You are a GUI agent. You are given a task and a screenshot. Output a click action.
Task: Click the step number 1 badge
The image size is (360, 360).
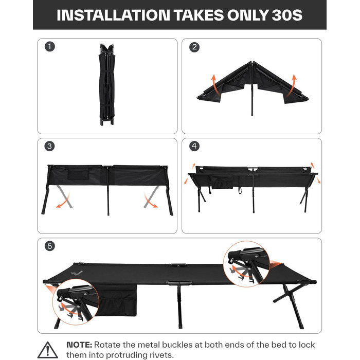coord(49,47)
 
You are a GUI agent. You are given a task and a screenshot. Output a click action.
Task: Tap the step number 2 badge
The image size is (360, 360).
coord(194,47)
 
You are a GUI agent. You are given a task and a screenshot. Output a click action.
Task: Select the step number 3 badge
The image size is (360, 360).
coord(49,146)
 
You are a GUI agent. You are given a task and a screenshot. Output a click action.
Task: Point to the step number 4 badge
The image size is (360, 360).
coord(194,146)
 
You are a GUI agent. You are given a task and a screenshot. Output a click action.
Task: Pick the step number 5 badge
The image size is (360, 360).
coord(49,246)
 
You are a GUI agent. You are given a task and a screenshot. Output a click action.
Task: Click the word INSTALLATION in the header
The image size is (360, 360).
coord(114,15)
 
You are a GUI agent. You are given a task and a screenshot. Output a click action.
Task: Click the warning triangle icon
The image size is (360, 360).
coord(47,350)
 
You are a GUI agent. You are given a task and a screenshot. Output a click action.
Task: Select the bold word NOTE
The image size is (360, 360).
coord(79,345)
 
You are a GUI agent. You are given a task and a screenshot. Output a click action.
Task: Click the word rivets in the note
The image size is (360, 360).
coord(160,355)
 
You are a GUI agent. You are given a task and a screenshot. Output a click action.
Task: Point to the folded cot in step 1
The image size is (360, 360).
coord(107,84)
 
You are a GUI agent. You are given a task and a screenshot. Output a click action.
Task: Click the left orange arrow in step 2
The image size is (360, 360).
coord(214,84)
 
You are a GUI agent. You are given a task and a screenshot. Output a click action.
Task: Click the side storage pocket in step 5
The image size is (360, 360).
coord(117,300)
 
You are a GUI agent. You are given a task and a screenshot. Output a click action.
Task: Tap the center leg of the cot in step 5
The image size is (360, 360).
coord(180,307)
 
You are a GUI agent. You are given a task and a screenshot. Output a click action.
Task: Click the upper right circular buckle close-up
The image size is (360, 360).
coord(246,264)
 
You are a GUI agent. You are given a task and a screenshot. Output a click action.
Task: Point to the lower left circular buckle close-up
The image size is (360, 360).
coord(76,302)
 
